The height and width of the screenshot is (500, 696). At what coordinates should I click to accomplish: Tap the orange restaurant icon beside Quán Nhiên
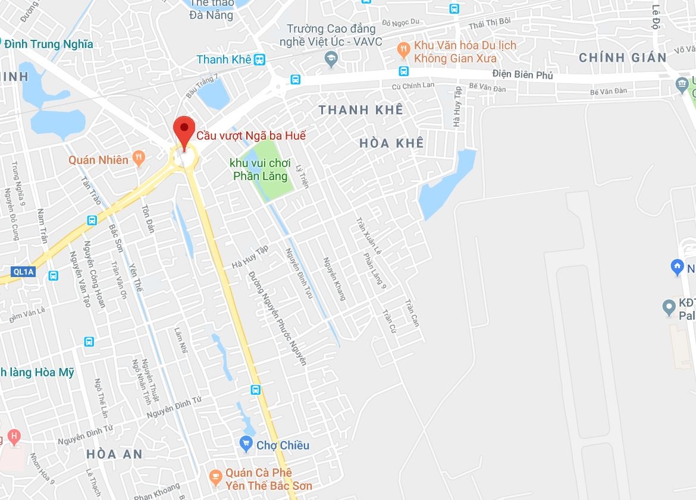(139, 158)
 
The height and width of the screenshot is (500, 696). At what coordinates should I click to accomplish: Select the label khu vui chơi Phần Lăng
(261, 169)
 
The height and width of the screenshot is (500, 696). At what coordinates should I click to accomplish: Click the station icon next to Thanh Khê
(259, 59)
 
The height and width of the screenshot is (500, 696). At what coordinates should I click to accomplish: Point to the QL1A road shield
(23, 272)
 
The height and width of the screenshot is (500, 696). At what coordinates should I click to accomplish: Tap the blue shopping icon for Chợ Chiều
(246, 444)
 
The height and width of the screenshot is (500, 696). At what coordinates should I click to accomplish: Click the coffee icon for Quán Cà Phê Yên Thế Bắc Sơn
(216, 476)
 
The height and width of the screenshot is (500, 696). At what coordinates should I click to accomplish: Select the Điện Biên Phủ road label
(523, 75)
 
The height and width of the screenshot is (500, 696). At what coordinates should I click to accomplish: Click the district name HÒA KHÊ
(392, 143)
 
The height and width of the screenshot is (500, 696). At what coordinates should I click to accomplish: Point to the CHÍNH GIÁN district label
(623, 58)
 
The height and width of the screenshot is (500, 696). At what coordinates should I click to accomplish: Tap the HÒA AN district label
(115, 454)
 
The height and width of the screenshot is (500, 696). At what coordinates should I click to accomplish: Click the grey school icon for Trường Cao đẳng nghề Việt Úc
(331, 58)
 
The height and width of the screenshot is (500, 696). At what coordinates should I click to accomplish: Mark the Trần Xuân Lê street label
(369, 236)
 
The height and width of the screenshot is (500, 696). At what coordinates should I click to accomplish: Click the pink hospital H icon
(13, 438)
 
